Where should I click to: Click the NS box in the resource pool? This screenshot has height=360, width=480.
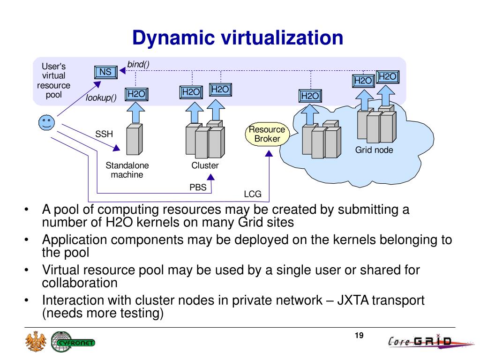point(105,72)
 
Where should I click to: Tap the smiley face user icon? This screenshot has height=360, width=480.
point(46,123)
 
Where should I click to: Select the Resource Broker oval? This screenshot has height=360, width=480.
point(267,134)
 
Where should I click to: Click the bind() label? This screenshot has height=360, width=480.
point(138,64)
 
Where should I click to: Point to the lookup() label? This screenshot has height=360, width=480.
point(101,98)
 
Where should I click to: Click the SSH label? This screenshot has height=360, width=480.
point(104,134)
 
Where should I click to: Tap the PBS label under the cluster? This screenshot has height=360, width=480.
point(198,187)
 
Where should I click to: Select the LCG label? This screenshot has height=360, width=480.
point(253,194)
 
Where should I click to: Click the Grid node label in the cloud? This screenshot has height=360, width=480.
point(374,150)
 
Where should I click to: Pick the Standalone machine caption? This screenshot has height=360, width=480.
point(127,170)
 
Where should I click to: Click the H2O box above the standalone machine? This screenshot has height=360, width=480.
point(136,94)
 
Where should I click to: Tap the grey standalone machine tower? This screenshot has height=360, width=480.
point(134,139)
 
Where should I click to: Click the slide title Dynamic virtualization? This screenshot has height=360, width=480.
point(238,38)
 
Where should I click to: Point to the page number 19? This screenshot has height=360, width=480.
point(360,335)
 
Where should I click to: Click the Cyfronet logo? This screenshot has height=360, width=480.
point(73,342)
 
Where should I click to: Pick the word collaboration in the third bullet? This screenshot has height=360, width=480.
point(79,283)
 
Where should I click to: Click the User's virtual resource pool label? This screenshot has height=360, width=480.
point(54,81)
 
